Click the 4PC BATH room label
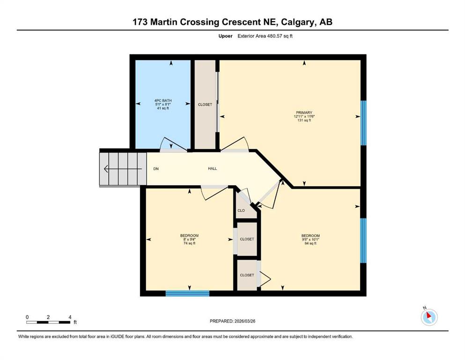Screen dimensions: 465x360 pyautogui.click(x=163, y=101)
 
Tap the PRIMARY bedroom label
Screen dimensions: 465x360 pyautogui.click(x=304, y=113)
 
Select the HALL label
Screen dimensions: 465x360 pyautogui.click(x=212, y=169)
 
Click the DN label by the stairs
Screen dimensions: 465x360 pyautogui.click(x=156, y=169)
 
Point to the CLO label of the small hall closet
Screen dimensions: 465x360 pyautogui.click(x=241, y=210)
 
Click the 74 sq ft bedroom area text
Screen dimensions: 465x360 pyautogui.click(x=190, y=243)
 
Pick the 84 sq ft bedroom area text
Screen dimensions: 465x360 pyautogui.click(x=310, y=243)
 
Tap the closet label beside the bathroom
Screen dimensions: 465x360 pyautogui.click(x=205, y=105)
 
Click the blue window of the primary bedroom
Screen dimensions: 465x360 pyautogui.click(x=363, y=123)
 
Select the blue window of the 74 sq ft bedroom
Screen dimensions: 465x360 pyautogui.click(x=187, y=293)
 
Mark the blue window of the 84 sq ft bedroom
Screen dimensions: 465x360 pyautogui.click(x=363, y=240)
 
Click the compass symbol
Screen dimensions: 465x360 pyautogui.click(x=429, y=317)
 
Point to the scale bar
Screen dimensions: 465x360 pyautogui.click(x=48, y=322)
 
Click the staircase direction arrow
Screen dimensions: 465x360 pyautogui.click(x=123, y=169)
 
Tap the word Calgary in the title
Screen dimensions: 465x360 pyautogui.click(x=298, y=22)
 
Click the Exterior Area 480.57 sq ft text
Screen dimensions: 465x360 pyautogui.click(x=265, y=36)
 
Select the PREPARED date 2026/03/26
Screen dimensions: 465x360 pyautogui.click(x=244, y=321)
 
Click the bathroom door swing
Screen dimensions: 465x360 pyautogui.click(x=173, y=144)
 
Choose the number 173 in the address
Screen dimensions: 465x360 pyautogui.click(x=140, y=22)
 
